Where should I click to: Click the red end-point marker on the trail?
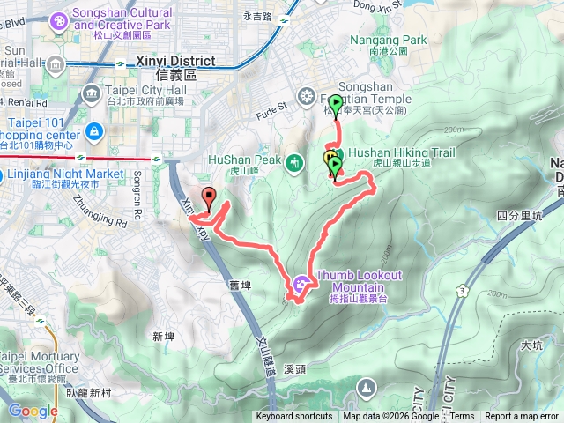(208, 198)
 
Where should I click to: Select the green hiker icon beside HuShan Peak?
(298, 160)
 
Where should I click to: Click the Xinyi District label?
(176, 62)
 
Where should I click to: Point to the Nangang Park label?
(388, 41)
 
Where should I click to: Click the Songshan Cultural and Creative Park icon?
(59, 19)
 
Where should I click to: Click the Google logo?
(33, 410)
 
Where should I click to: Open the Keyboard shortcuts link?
(295, 417)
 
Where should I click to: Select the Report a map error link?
(523, 417)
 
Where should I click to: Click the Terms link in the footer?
(463, 417)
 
